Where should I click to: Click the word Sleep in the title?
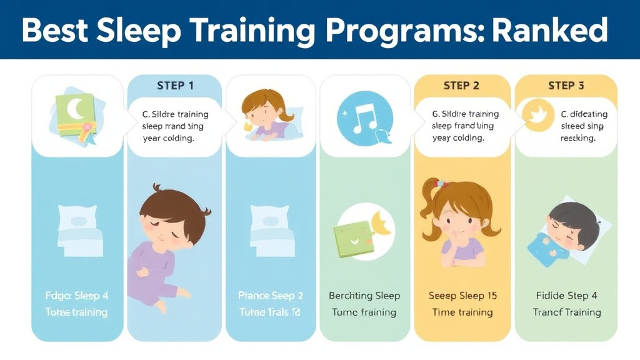click(141, 29)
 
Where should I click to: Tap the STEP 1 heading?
click(175, 86)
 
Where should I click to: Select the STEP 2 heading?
click(461, 86)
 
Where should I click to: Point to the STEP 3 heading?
click(566, 86)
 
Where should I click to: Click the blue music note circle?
click(364, 118)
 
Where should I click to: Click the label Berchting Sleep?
click(364, 296)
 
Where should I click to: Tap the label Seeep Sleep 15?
click(462, 296)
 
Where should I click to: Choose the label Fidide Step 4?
click(566, 296)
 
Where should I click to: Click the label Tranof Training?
click(566, 312)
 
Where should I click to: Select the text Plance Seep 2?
click(271, 296)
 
